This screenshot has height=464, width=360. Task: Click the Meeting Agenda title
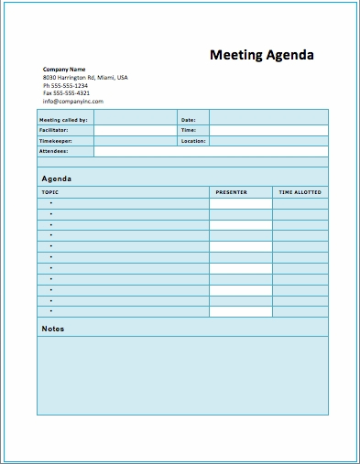pos(262,55)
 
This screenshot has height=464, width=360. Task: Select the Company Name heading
pos(64,70)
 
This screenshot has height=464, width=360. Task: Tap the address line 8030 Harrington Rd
pos(85,78)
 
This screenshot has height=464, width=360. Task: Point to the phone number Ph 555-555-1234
pos(67,85)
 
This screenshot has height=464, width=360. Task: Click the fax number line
pos(67,93)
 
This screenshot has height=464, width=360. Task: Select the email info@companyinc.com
pos(73,102)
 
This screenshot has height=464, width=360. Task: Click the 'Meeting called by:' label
pos(63,120)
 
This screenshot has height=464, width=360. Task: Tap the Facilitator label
pos(54,131)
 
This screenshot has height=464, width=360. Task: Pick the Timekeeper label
pos(55,141)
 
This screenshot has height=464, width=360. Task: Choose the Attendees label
pos(53,151)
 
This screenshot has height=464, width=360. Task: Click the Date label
pos(189,120)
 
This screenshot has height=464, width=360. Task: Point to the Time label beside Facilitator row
pos(189,131)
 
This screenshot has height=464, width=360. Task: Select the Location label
pos(193,141)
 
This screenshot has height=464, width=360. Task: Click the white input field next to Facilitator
pos(135,131)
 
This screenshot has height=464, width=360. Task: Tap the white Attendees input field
pos(211,151)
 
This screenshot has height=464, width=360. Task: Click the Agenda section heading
pos(57,178)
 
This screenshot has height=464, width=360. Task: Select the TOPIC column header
pos(49,192)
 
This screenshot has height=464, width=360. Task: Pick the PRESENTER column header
pos(231,192)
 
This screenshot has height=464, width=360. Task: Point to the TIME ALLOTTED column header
pos(300,192)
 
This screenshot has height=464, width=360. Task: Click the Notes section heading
pos(53,329)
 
